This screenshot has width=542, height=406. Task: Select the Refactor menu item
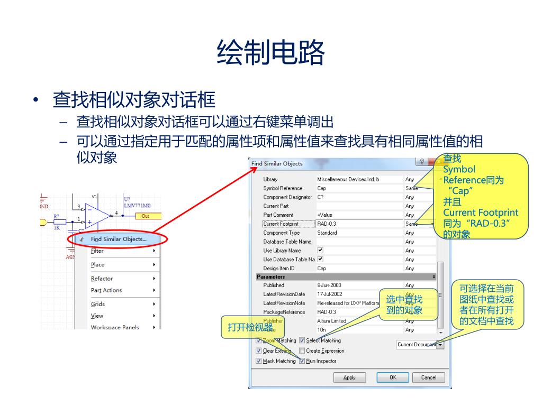click(x=102, y=279)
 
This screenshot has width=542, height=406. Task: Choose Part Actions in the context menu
click(x=106, y=290)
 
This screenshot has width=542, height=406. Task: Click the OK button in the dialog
click(x=392, y=377)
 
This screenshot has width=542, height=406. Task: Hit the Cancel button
click(x=428, y=377)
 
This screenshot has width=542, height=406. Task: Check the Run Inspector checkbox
click(x=302, y=361)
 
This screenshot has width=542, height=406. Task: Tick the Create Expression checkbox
click(x=302, y=350)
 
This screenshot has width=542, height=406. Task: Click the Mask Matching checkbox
click(x=259, y=361)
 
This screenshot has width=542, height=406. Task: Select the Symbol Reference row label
click(x=283, y=188)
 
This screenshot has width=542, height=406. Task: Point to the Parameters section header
click(x=271, y=276)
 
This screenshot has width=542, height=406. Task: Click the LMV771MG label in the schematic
click(x=137, y=206)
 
